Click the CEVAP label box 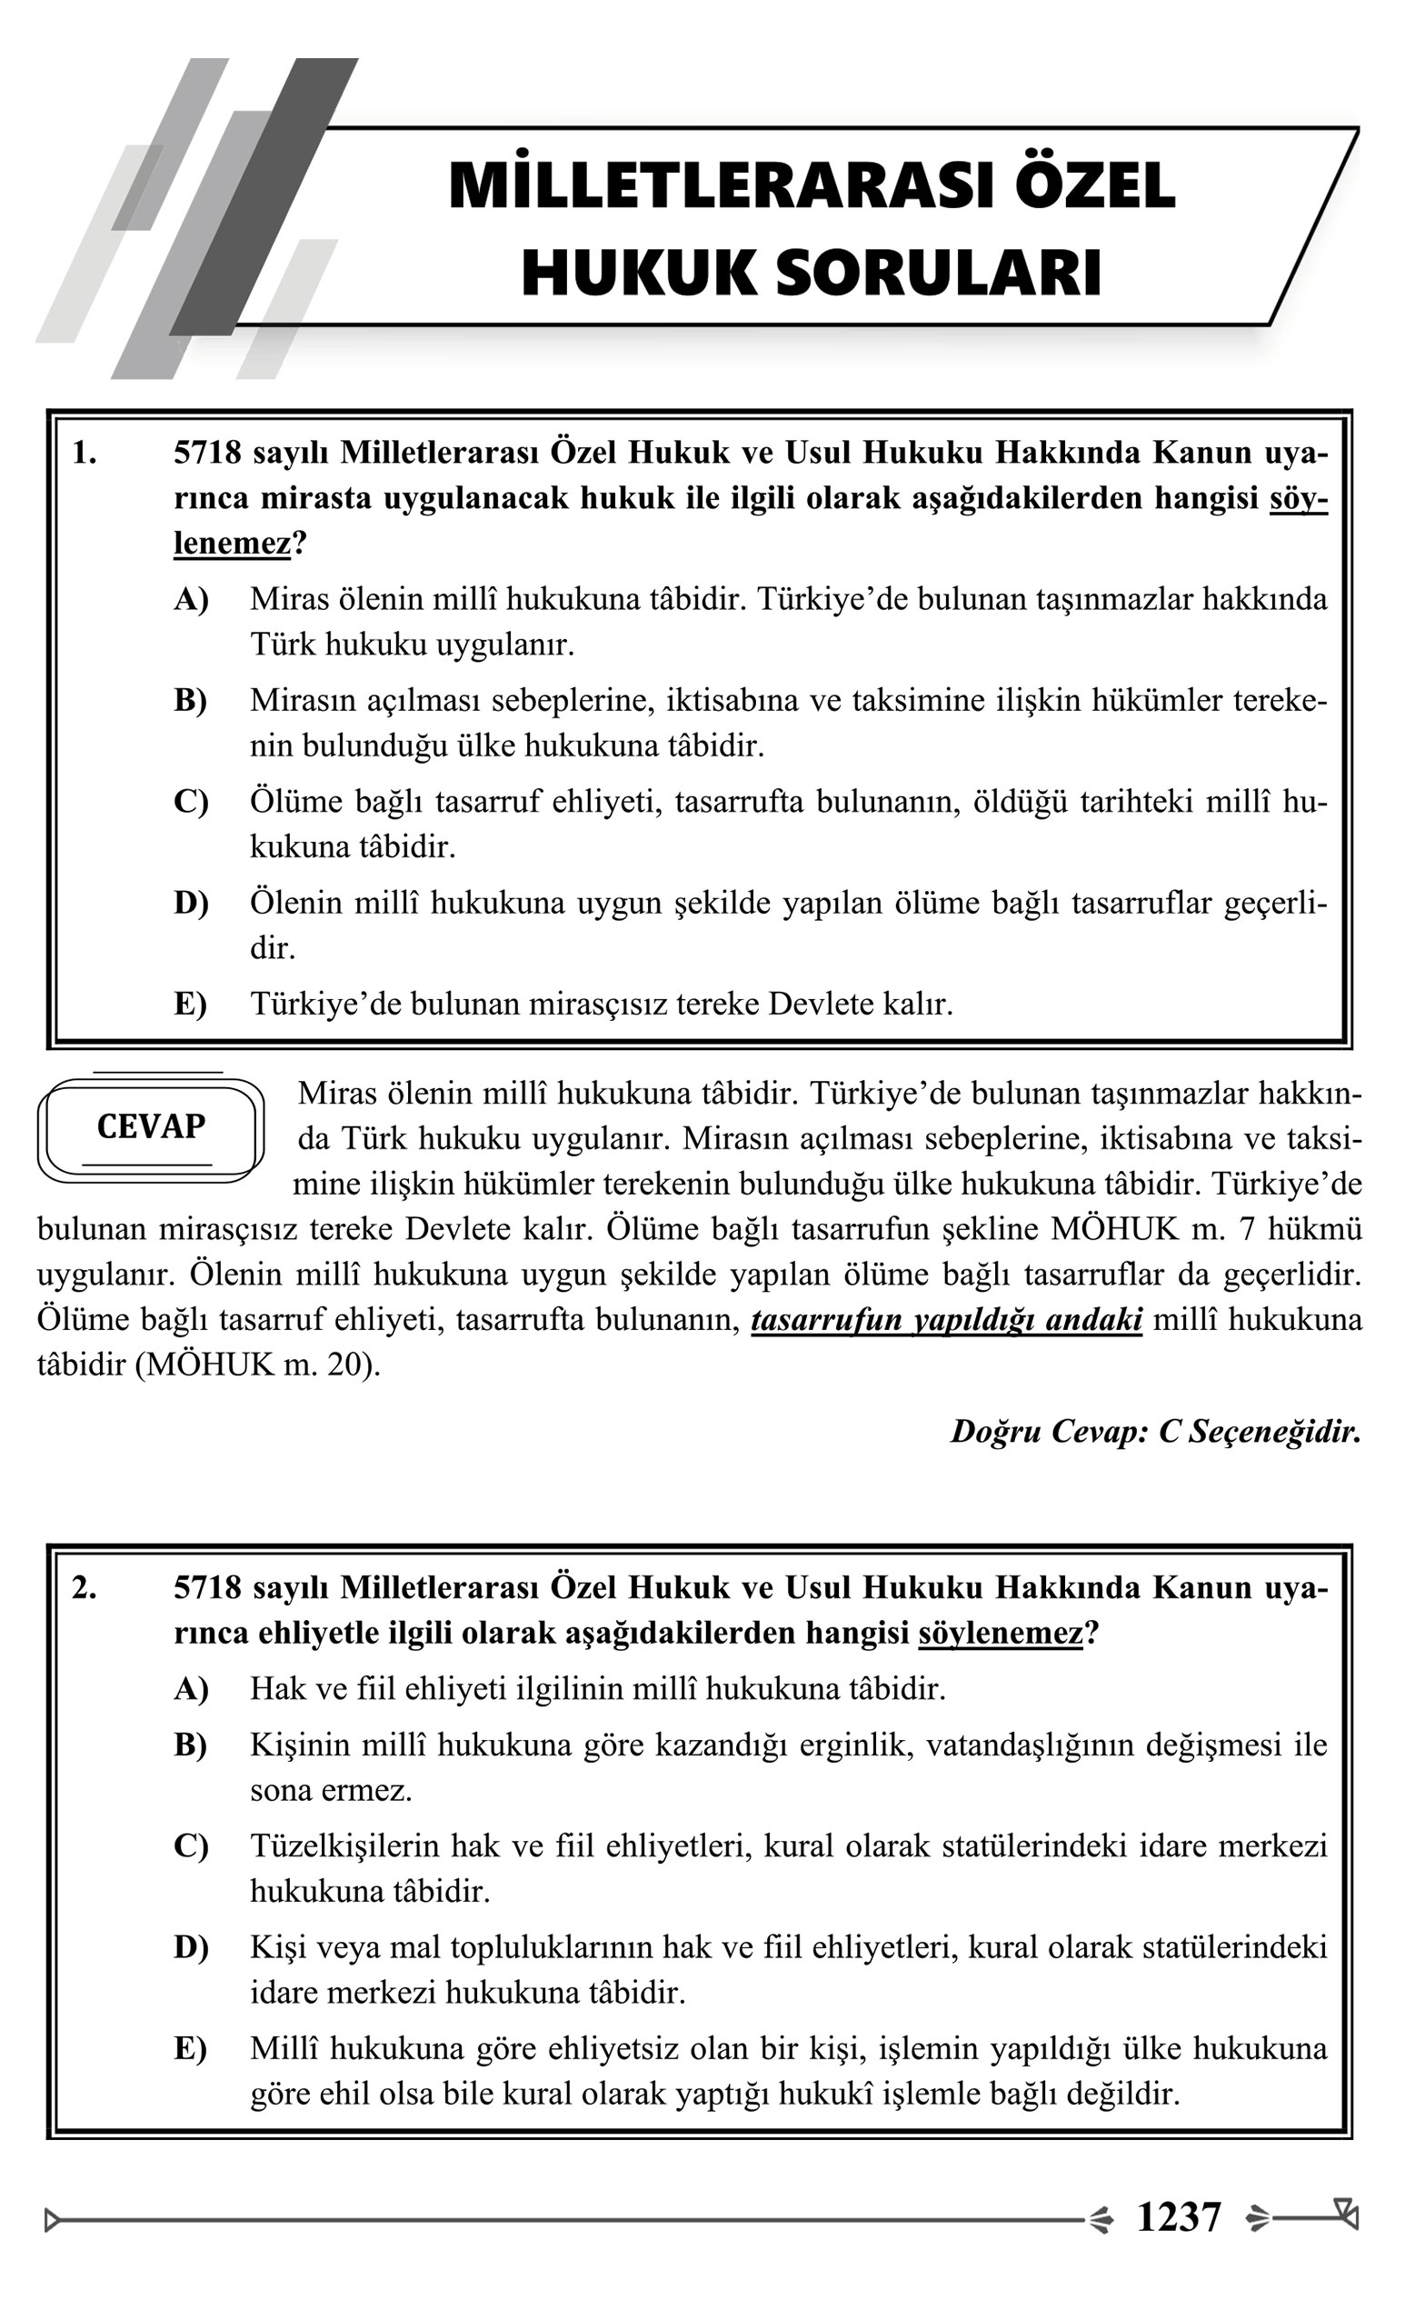pyautogui.click(x=150, y=1127)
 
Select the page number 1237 pyautogui.click(x=1178, y=2218)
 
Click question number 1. pyautogui.click(x=85, y=454)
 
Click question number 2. pyautogui.click(x=85, y=1588)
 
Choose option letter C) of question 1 pyautogui.click(x=190, y=803)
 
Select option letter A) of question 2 pyautogui.click(x=190, y=1689)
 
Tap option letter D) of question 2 pyautogui.click(x=190, y=1948)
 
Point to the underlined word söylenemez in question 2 pyautogui.click(x=1000, y=1634)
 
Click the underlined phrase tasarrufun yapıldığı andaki pyautogui.click(x=947, y=1320)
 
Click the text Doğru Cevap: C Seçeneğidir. pyautogui.click(x=1155, y=1432)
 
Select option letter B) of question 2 pyautogui.click(x=190, y=1745)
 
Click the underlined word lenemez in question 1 pyautogui.click(x=232, y=544)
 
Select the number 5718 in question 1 pyautogui.click(x=207, y=454)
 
